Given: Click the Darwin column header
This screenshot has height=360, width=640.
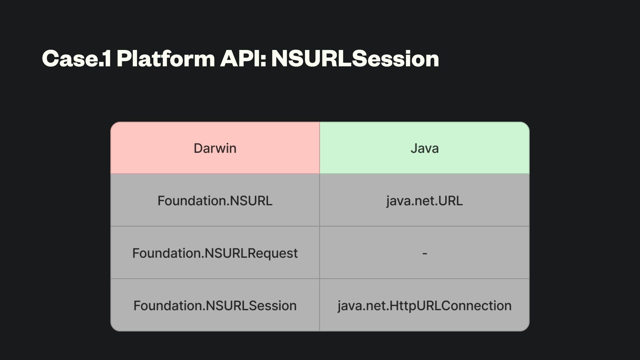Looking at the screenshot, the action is click(215, 148).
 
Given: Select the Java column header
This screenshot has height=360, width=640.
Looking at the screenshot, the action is click(424, 148).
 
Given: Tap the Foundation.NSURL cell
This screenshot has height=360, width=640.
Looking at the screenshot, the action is click(215, 201).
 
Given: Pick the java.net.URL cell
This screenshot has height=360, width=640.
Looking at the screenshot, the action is click(424, 201).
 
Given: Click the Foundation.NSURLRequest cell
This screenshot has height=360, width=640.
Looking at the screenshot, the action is click(215, 253).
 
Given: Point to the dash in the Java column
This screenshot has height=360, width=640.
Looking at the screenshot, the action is click(425, 254).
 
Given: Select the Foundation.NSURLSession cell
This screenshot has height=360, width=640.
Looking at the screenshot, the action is click(215, 305).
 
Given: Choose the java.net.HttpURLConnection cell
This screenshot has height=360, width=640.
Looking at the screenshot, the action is click(424, 305).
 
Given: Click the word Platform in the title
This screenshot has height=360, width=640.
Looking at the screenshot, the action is click(166, 59).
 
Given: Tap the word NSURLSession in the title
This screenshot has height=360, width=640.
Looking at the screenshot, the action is click(355, 59).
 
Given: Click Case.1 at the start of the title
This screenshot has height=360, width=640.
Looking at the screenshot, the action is click(76, 59).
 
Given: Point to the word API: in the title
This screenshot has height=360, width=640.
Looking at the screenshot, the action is click(243, 59).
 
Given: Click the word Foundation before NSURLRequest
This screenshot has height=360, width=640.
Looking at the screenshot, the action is click(167, 253).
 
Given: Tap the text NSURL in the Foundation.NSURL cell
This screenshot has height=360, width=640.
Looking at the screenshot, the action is click(251, 201).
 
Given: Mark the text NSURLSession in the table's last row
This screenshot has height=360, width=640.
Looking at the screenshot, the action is click(251, 305).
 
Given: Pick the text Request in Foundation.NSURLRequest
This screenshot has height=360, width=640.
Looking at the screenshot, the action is click(273, 253).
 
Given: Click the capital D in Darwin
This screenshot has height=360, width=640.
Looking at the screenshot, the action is click(198, 148).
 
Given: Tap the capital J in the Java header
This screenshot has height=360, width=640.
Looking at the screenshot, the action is click(414, 148).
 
